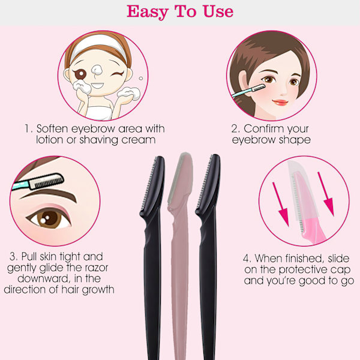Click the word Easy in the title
(148, 12)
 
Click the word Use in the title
(218, 11)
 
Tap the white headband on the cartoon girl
(99, 47)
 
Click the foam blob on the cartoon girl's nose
(97, 70)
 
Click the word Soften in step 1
(52, 128)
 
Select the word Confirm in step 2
(260, 128)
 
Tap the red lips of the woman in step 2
(280, 102)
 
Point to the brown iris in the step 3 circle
(48, 218)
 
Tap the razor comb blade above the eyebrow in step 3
(47, 181)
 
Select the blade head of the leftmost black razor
(153, 185)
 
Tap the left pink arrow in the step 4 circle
(281, 204)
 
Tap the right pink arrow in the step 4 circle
(326, 194)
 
